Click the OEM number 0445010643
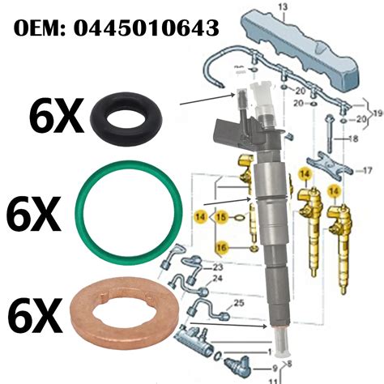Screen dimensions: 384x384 click(147, 28)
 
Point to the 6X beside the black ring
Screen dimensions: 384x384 click(56, 116)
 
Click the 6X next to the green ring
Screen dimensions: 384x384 click(33, 214)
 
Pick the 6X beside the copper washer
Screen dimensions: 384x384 click(35, 315)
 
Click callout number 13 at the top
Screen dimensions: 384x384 click(283, 7)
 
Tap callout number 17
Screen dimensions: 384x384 click(367, 170)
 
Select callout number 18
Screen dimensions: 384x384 click(353, 139)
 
